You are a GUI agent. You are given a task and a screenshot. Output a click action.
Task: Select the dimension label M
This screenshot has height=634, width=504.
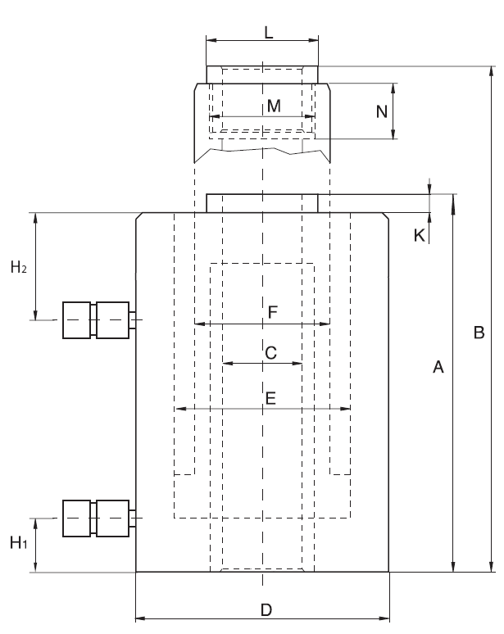(274, 106)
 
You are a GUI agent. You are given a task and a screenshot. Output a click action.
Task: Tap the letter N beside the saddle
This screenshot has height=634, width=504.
(381, 111)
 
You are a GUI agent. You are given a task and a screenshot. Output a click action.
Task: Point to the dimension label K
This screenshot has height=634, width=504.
(420, 236)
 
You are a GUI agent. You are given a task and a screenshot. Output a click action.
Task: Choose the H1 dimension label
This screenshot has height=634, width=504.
(18, 541)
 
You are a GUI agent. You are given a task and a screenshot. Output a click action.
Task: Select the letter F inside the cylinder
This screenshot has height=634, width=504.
(274, 311)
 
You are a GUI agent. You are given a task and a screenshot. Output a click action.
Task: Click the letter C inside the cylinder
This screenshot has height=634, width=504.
(270, 352)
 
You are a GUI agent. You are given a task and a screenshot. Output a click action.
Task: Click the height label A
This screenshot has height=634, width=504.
(438, 369)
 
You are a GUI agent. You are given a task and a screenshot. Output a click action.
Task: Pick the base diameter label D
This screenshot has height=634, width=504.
(266, 609)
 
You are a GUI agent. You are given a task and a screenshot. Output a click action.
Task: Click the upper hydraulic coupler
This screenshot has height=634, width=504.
(97, 319)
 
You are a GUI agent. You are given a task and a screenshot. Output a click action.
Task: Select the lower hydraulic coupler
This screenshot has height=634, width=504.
(97, 518)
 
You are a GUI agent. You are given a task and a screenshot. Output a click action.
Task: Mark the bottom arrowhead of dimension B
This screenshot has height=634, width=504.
(492, 567)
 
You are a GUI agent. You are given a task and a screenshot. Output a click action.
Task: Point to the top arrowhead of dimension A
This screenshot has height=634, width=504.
(453, 199)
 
